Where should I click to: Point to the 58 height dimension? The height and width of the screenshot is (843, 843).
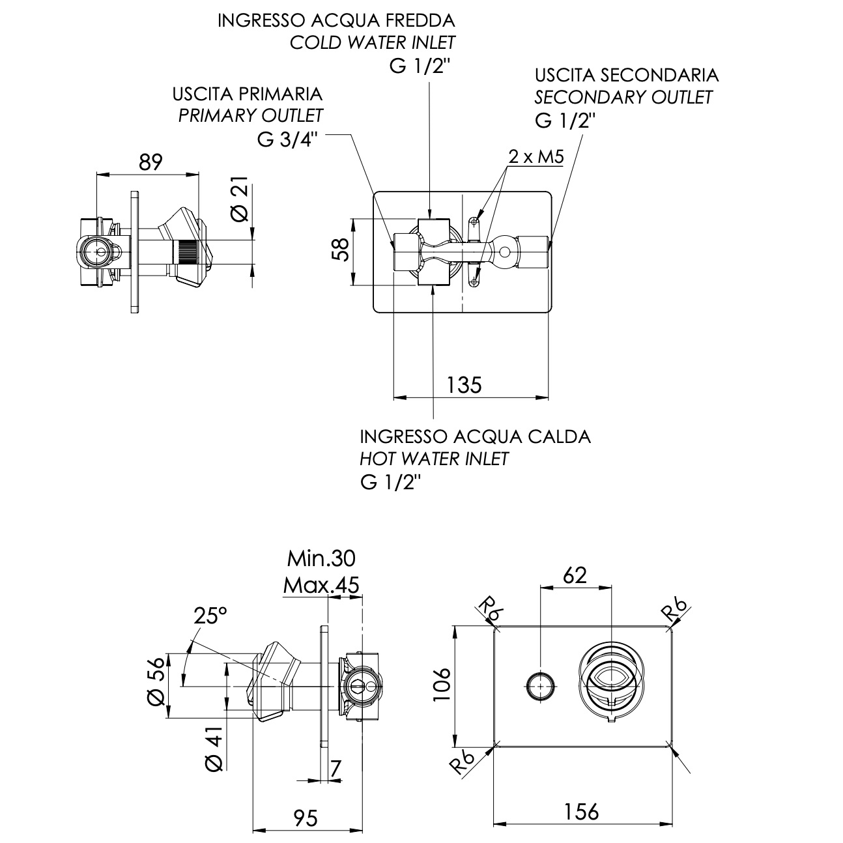(x=341, y=250)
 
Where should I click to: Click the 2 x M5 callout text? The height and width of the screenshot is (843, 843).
(x=536, y=156)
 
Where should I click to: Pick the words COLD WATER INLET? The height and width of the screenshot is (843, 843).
(x=372, y=43)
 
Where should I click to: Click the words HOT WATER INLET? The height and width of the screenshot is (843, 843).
(x=434, y=459)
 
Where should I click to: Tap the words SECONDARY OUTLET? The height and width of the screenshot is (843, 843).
(x=623, y=97)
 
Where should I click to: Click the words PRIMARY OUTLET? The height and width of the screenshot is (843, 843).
(x=251, y=116)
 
